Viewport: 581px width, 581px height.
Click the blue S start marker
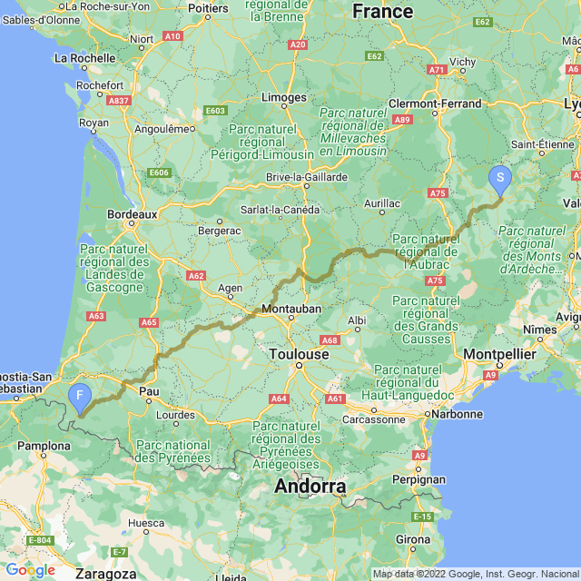[x=499, y=179]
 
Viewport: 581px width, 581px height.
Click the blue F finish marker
[x=80, y=396]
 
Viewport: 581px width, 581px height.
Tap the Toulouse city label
[x=299, y=354]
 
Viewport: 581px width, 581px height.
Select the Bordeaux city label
[x=133, y=214]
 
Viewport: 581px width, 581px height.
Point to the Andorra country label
[x=310, y=487]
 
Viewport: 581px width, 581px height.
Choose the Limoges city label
[x=283, y=97]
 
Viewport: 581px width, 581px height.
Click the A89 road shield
[x=402, y=119]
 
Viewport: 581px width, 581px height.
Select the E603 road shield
[x=215, y=111]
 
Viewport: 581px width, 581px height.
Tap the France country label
[x=382, y=11]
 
